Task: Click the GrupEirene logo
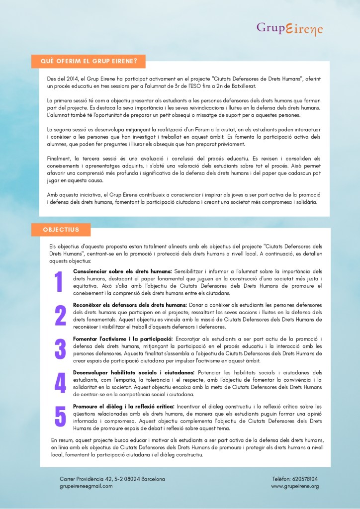coord(289,29)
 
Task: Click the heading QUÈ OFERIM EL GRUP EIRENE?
coord(89,61)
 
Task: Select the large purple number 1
coord(59,282)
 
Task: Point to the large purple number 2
coord(60,315)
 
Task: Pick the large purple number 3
coord(60,349)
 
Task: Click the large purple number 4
coord(60,383)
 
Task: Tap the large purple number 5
coord(60,417)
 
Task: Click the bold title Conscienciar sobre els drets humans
coord(122,271)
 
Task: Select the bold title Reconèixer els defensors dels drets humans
coord(130,305)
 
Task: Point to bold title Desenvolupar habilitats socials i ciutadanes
coord(134,373)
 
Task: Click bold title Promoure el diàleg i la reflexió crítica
coord(123,407)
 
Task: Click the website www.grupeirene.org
coord(295,486)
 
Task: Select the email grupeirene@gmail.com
coord(86,486)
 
